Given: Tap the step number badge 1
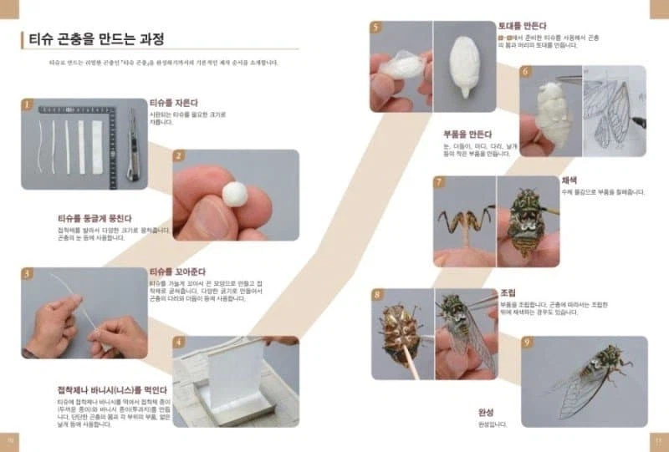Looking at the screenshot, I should pyautogui.click(x=27, y=105).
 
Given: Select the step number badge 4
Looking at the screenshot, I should pyautogui.click(x=179, y=342).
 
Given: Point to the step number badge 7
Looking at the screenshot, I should pyautogui.click(x=438, y=181).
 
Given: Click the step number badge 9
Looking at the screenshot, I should pyautogui.click(x=527, y=343).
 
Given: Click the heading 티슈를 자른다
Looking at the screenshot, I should pyautogui.click(x=176, y=104).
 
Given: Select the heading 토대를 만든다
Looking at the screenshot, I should pyautogui.click(x=522, y=26).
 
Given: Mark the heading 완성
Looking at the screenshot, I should pyautogui.click(x=487, y=412).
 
